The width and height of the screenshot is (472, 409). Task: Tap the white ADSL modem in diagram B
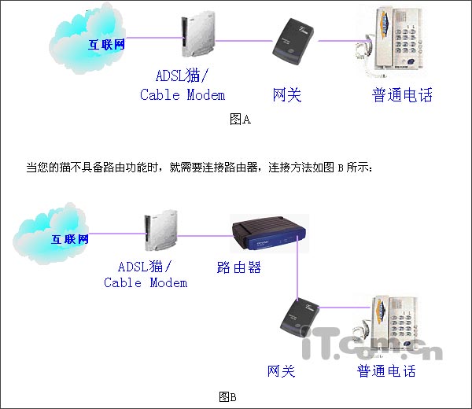pyautogui.click(x=152, y=234)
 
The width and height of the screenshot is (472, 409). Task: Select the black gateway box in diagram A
pyautogui.click(x=292, y=42)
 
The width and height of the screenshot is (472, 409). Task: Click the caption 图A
pyautogui.click(x=240, y=120)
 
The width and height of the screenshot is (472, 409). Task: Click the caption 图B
pyautogui.click(x=228, y=396)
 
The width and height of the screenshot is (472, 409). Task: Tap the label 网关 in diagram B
pyautogui.click(x=281, y=370)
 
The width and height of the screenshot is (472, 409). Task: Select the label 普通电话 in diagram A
pyautogui.click(x=402, y=95)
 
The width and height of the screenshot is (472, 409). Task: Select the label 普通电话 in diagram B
pyautogui.click(x=385, y=370)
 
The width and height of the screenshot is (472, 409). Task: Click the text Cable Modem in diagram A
pyautogui.click(x=183, y=95)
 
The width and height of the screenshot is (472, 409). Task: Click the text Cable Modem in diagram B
pyautogui.click(x=146, y=282)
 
